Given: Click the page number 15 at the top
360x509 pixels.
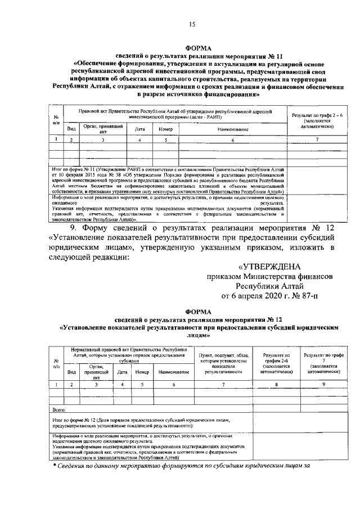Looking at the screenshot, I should pos(192,23).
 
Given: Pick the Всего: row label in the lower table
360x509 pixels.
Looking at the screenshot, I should pos(58,411).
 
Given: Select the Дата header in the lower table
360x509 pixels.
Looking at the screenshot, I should pos(122,372).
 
